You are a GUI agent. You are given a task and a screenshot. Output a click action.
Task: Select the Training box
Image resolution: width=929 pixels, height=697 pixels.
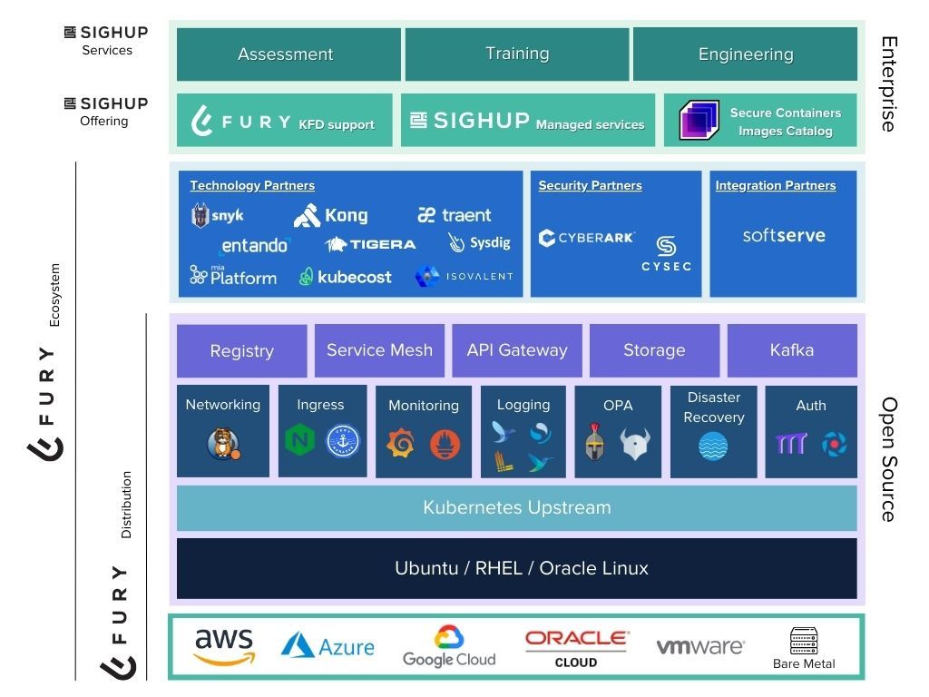pos(516,54)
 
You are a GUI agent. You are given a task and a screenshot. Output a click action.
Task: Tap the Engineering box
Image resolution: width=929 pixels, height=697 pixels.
pos(745,54)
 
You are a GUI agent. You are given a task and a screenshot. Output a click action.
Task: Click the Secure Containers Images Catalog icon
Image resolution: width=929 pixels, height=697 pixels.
pos(699,121)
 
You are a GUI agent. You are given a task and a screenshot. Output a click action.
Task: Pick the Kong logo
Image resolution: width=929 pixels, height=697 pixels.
pos(330,215)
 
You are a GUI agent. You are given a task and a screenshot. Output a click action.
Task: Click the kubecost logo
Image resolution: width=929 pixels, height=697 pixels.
pos(346,277)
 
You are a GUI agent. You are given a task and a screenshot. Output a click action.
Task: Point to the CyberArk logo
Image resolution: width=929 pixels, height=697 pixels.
pos(586,239)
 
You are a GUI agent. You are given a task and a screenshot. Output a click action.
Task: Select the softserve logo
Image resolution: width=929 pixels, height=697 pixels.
pos(783,235)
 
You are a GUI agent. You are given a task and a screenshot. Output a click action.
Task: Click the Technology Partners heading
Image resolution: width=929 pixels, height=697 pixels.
pos(252,185)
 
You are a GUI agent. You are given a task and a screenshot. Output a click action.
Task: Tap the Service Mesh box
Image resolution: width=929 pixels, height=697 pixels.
pos(379,350)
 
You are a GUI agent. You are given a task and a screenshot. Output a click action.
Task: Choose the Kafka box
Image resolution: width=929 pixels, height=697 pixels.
pos(791,350)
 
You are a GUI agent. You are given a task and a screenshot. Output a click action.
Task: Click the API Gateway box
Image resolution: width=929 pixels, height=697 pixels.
pos(517,350)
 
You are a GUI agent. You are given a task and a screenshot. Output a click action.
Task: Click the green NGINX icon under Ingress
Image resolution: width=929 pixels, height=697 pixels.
pos(299,442)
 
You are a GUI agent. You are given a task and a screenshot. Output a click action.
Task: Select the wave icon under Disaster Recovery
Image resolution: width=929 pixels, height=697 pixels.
pos(713,447)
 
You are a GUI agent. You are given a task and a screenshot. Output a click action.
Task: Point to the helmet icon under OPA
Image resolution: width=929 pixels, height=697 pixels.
pos(594,442)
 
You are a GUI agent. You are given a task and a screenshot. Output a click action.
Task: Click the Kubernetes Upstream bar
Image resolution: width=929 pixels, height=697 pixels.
pos(516,507)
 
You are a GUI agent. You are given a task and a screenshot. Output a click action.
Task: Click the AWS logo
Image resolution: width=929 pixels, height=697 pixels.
pos(223,646)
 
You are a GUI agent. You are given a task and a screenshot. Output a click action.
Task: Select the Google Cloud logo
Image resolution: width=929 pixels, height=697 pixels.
pos(449,646)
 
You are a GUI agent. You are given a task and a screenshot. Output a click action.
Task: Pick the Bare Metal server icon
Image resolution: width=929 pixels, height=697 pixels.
pos(804,641)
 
